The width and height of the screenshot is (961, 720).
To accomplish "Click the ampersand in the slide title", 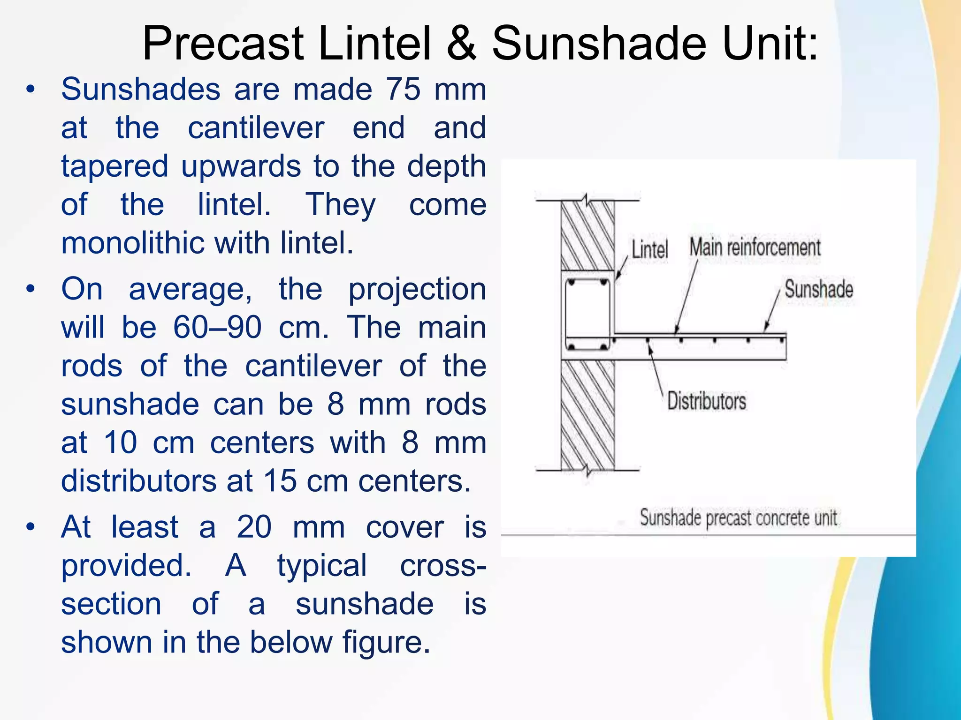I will click(462, 44).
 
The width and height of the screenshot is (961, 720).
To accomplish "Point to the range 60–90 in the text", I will click(217, 327).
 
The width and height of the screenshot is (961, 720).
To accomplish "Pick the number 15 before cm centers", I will click(280, 481).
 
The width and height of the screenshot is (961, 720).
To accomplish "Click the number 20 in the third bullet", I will click(254, 527).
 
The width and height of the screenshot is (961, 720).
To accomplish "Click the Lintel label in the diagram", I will click(649, 249).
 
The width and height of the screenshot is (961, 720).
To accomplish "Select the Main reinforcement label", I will click(755, 247).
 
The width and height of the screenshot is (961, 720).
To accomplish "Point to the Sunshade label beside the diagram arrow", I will click(819, 289).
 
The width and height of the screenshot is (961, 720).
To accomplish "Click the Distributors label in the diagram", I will click(706, 401).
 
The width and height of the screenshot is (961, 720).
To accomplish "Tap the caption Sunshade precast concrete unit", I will click(739, 518).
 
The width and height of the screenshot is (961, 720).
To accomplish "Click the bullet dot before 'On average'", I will click(31, 289).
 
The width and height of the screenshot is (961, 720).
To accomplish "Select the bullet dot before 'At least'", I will click(31, 527).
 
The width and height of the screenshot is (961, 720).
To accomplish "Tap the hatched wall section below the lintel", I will click(587, 415).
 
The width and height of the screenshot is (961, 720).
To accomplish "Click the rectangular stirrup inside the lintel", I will click(587, 315).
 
